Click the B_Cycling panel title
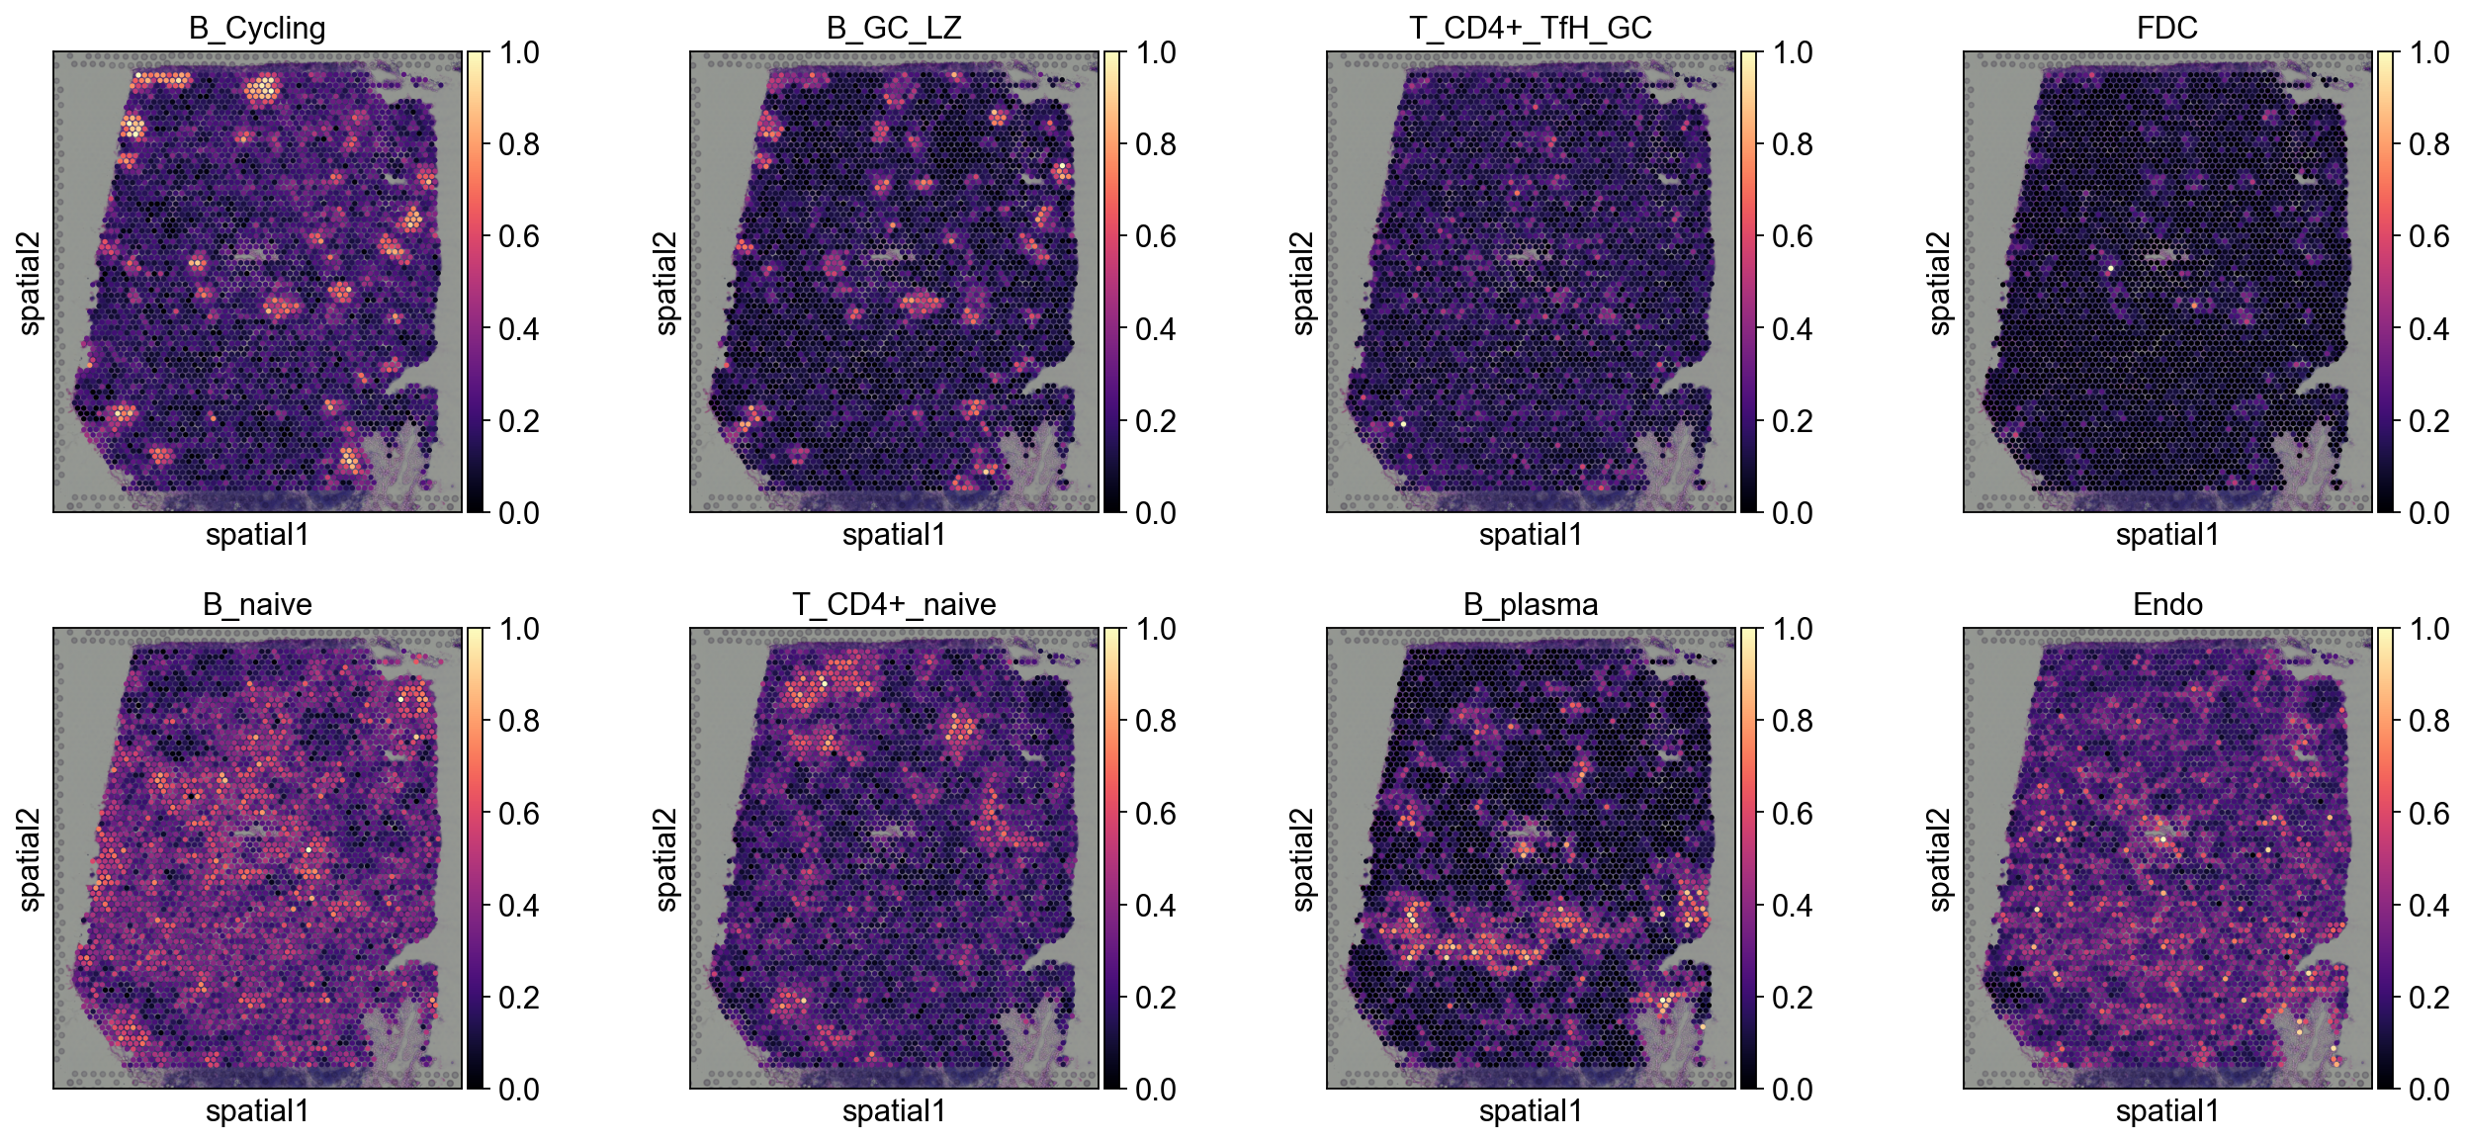257,28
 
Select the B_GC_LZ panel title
894,28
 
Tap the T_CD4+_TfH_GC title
1531,28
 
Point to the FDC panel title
2167,28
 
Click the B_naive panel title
257,604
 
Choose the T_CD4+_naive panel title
894,604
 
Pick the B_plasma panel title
1531,604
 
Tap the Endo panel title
2167,604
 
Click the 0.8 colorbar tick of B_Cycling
518,144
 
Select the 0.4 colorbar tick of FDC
2428,328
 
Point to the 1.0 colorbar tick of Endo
2428,629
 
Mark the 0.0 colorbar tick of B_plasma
1792,1090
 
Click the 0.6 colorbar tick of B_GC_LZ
1155,236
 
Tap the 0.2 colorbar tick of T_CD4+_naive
1155,998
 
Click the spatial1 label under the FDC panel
2167,535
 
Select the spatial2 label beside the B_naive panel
30,859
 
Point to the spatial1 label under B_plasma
1531,1111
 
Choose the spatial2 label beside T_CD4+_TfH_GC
1303,283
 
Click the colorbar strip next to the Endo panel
2386,858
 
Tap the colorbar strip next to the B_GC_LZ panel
1112,282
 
